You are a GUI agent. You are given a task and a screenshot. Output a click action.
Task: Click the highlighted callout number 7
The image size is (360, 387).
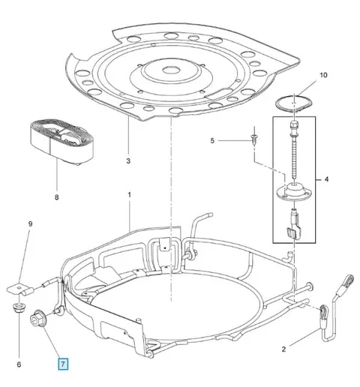point(63,364)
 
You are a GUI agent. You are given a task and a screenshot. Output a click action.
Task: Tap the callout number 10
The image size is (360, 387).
point(323,75)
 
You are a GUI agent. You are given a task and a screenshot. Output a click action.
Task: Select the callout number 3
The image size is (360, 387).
point(128,160)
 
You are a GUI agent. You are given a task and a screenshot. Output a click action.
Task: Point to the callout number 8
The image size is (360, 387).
point(57,197)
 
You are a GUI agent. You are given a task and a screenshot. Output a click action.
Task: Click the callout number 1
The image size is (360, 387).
point(130,194)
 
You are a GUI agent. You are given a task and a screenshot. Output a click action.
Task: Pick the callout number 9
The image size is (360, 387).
point(30,223)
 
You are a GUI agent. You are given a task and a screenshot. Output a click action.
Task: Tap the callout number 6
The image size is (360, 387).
point(19,364)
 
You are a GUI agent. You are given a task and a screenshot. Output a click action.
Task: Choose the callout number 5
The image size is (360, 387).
point(212,141)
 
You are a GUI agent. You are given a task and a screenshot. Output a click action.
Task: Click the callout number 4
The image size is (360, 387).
point(326,179)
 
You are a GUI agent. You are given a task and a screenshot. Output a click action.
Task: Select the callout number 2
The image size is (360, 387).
point(283,349)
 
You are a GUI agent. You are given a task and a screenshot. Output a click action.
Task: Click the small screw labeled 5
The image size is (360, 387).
point(254,139)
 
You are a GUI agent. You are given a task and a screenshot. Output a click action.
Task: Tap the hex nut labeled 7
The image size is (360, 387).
point(38,318)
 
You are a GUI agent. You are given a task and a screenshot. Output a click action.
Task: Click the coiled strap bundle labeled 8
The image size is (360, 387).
point(62,142)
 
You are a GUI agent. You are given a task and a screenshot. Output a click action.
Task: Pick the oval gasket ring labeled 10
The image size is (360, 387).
point(294,102)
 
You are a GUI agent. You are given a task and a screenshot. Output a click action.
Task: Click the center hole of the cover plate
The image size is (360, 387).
point(172,70)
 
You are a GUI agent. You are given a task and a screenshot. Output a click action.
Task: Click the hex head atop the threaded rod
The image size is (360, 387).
point(294,124)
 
